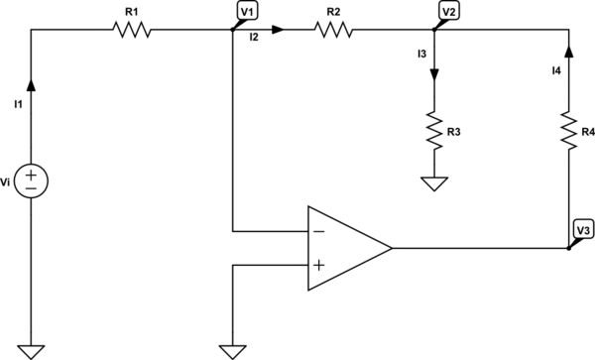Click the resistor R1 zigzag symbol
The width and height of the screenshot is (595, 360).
click(132, 30)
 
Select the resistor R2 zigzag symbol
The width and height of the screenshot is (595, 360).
click(335, 30)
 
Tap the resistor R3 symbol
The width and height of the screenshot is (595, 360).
click(433, 128)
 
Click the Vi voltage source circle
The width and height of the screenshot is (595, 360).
click(32, 180)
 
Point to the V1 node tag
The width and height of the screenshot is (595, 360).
click(247, 11)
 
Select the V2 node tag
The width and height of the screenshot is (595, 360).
click(450, 11)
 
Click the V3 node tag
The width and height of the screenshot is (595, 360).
click(583, 230)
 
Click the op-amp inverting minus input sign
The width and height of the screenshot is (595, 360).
click(319, 231)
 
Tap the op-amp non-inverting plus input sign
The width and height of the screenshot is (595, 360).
click(319, 265)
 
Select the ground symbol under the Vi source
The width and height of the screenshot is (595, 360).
click(32, 350)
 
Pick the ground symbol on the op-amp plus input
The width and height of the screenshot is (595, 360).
click(231, 350)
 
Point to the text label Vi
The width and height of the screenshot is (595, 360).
click(8, 180)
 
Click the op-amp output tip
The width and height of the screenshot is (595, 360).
click(392, 248)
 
